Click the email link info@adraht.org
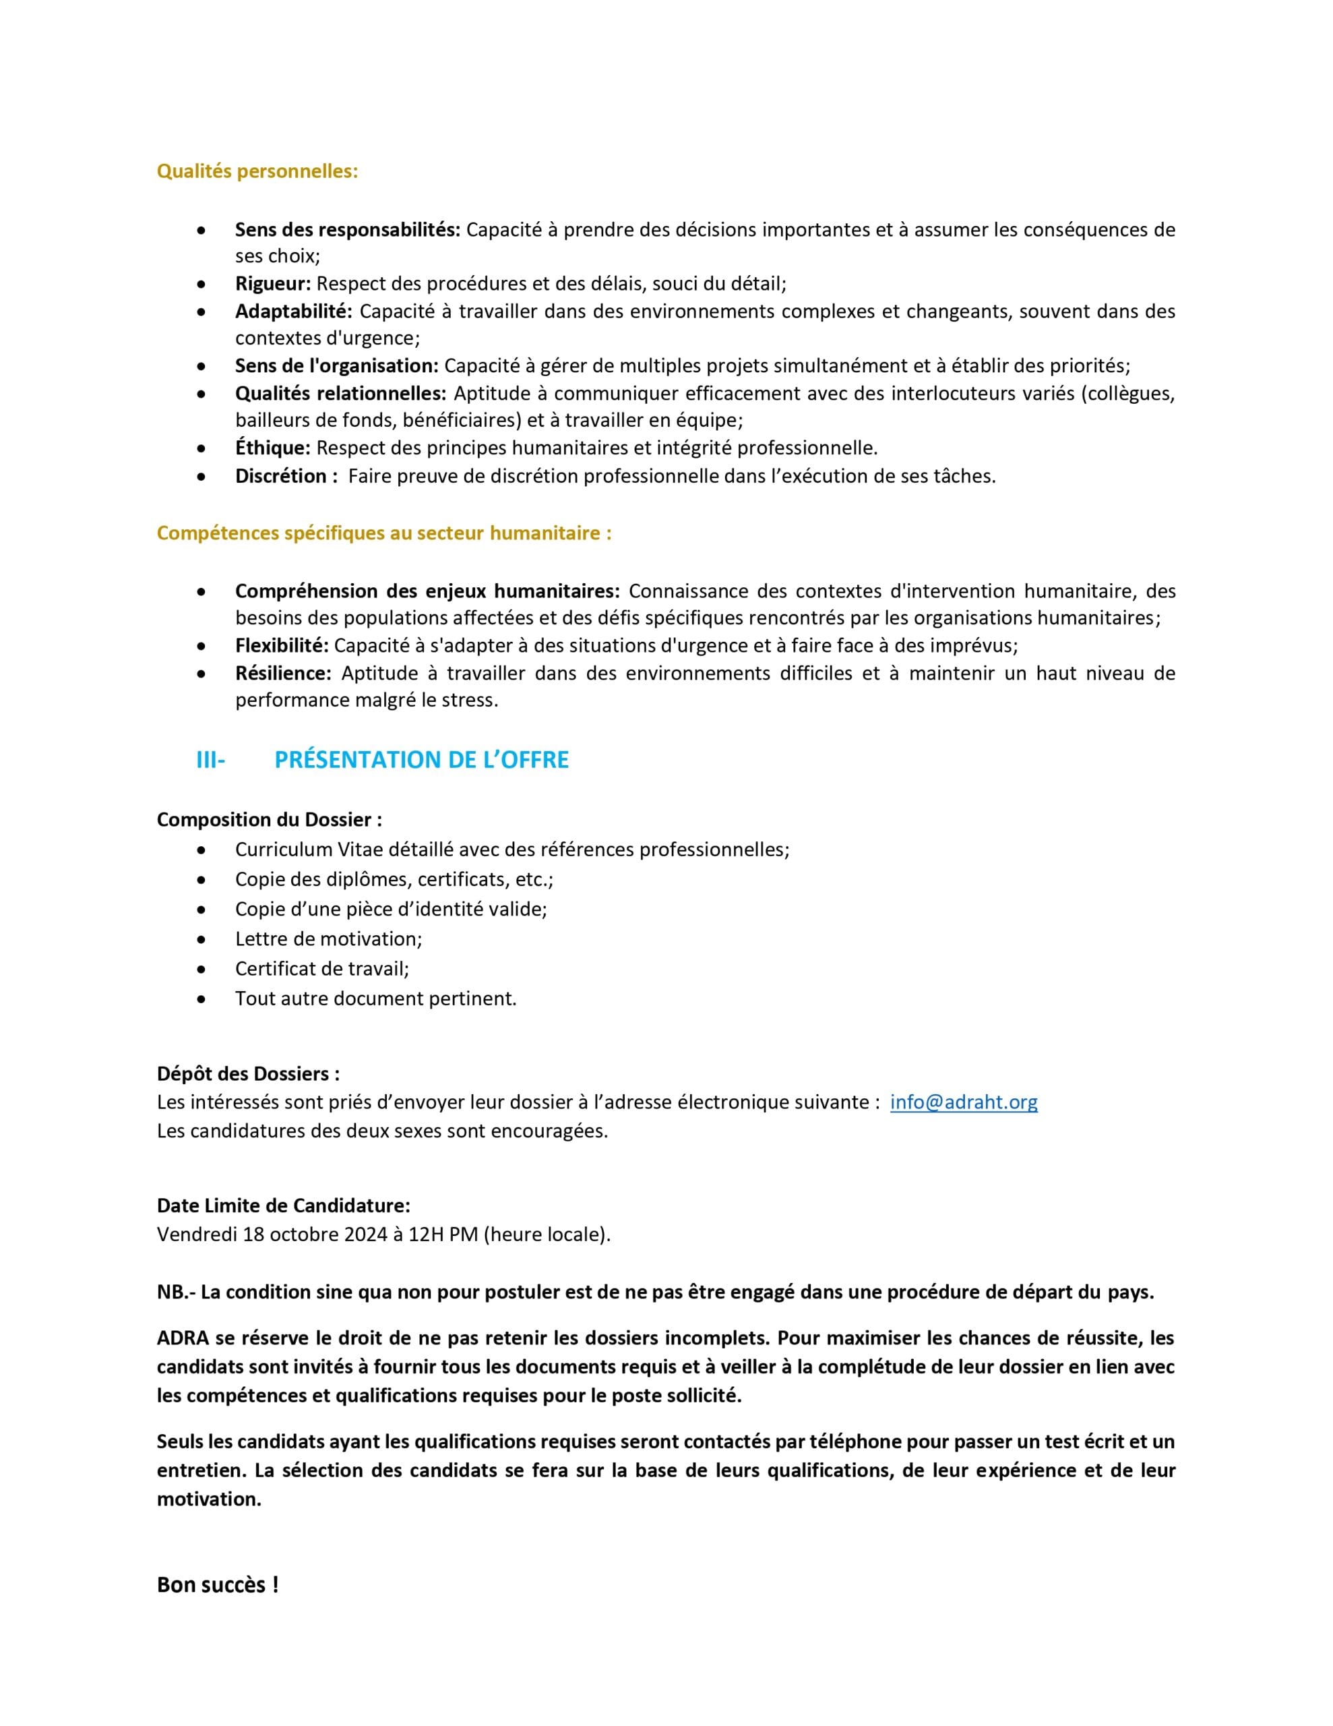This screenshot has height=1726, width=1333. click(963, 1102)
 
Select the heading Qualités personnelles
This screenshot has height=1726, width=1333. click(257, 171)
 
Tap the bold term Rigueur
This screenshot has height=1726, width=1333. click(273, 284)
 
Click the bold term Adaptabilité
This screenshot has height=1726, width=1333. click(293, 311)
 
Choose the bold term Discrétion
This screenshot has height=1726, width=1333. click(286, 476)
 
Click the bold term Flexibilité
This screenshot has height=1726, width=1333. click(281, 646)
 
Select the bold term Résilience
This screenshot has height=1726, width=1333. click(283, 674)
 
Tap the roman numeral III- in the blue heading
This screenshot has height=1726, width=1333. click(210, 761)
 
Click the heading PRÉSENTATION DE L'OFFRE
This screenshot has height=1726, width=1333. click(421, 761)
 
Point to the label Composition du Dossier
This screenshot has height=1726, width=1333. click(269, 820)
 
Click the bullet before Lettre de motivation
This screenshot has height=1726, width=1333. click(202, 941)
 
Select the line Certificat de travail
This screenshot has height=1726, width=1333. click(321, 969)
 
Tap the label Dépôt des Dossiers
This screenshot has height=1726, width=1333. click(248, 1074)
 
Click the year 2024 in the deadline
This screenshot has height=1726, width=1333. click(365, 1234)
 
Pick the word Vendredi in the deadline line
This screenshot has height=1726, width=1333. click(197, 1234)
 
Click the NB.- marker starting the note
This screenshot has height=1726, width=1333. click(175, 1292)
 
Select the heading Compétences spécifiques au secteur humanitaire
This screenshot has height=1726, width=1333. click(384, 533)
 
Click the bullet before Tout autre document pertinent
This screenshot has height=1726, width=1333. click(202, 1000)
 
